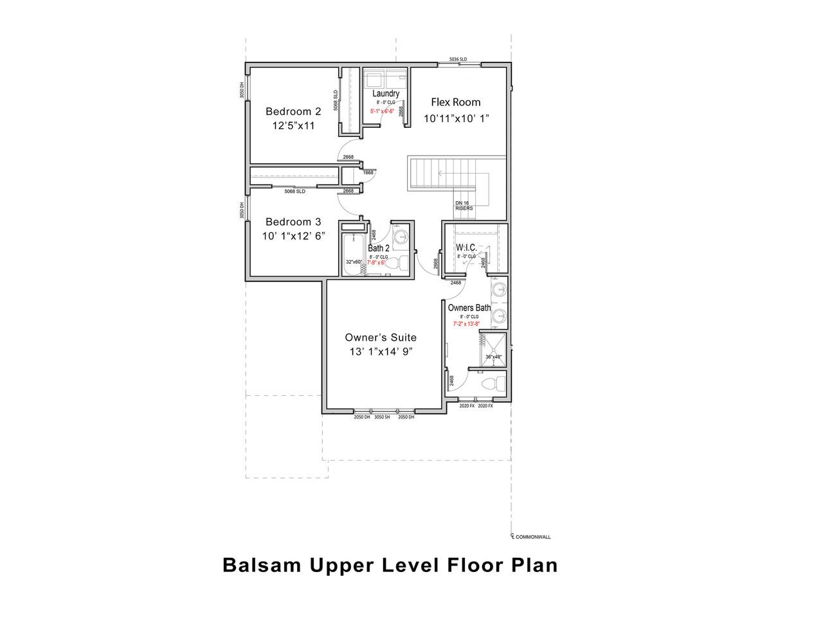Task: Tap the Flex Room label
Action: pos(455,102)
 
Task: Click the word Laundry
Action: pos(386,94)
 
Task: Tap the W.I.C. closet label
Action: pos(466,247)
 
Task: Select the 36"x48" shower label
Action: pos(493,357)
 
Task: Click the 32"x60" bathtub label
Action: pos(354,262)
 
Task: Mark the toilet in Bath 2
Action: pos(401,262)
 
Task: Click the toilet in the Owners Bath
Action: pos(493,384)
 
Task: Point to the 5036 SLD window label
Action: pos(458,59)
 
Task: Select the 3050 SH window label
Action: pos(383,417)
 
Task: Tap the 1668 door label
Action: pos(368,172)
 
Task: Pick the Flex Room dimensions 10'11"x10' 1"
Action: pos(457,119)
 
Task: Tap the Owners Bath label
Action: pos(469,308)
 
